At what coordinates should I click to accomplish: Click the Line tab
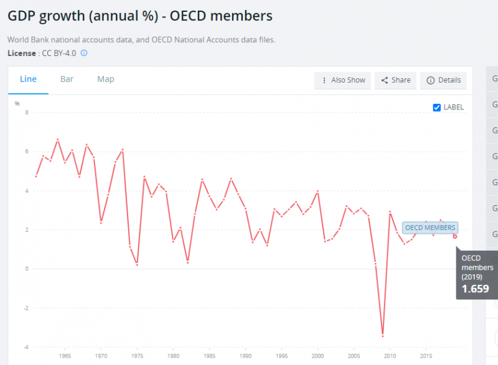coord(29,79)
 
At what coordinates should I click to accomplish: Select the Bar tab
coord(67,79)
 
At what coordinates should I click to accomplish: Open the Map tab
coord(106,79)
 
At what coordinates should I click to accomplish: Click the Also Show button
coord(343,80)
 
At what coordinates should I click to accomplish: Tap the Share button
coord(396,80)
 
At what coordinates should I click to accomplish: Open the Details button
coord(444,80)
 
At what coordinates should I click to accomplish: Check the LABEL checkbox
coord(437,108)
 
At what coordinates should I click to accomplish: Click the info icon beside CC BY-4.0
coord(84,53)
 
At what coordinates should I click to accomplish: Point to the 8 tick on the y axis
coord(26,113)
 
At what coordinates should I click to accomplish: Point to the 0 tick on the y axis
coord(26,269)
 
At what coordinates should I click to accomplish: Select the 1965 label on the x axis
coord(64,356)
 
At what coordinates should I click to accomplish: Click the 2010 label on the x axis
coord(390,356)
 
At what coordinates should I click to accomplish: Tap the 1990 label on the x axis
coord(245,356)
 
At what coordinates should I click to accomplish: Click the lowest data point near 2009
coord(383,335)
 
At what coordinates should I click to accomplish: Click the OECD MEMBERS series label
coord(430,228)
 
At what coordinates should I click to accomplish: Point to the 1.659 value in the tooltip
coord(475,289)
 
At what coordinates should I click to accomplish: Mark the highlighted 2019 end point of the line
coord(455,236)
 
